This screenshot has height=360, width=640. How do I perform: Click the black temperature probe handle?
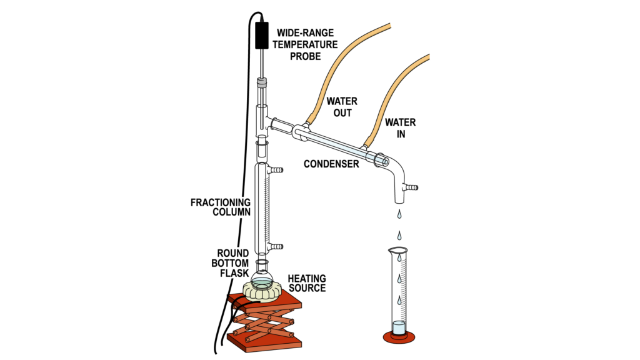click(x=262, y=36)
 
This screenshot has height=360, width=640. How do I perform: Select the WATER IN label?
click(x=400, y=127)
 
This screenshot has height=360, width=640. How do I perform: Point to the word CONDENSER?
click(x=331, y=164)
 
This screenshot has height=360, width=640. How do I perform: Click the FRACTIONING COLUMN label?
click(x=220, y=207)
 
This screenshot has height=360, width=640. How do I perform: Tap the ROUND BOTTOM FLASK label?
click(x=231, y=263)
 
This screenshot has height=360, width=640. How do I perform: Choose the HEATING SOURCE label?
click(x=306, y=282)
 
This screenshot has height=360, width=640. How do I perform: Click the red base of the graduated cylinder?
click(x=399, y=338)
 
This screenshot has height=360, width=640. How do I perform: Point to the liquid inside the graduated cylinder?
click(x=399, y=327)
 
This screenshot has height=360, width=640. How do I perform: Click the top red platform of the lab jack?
click(x=266, y=307)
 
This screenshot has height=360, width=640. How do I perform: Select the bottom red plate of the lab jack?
click(x=266, y=342)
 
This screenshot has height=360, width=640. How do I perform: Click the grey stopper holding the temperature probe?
click(x=262, y=81)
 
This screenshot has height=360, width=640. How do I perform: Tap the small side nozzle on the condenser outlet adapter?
click(x=410, y=187)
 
